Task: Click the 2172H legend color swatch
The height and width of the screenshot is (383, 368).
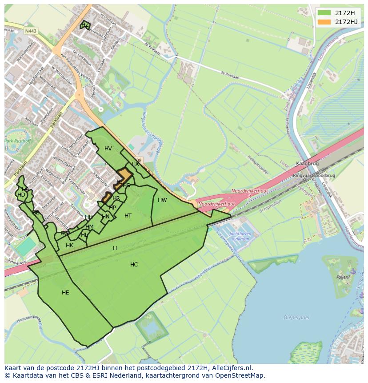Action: [324, 12]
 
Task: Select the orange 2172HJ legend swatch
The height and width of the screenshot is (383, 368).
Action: [324, 21]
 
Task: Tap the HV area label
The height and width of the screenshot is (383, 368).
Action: [108, 149]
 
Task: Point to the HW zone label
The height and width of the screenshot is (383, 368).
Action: [162, 200]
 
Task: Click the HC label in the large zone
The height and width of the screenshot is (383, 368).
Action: [134, 265]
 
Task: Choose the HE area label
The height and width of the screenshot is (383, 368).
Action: [65, 293]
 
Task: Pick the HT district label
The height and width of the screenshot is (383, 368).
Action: [128, 216]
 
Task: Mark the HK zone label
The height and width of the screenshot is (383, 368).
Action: [69, 246]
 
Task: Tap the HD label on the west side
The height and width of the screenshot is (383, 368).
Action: [21, 195]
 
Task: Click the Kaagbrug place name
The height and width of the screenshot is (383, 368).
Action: [305, 164]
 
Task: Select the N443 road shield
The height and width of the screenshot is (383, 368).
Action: [31, 31]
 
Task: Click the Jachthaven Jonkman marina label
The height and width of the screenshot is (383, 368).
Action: [240, 236]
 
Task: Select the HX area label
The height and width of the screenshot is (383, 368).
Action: [135, 164]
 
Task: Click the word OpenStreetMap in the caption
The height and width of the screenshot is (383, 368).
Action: [241, 375]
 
